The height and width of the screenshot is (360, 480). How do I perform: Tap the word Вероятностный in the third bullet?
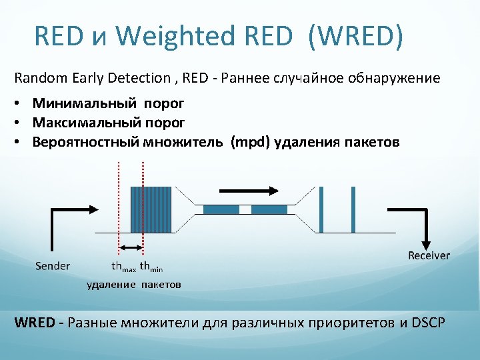(85, 142)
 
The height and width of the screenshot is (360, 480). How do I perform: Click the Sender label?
(52, 266)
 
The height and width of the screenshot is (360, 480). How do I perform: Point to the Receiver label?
(429, 255)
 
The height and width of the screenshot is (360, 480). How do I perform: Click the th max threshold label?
(123, 267)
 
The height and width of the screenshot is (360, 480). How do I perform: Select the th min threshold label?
(151, 267)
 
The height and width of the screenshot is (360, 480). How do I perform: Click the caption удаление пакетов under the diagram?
(134, 285)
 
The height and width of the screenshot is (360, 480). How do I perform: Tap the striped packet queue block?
(151, 209)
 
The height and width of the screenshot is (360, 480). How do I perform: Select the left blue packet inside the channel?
(221, 209)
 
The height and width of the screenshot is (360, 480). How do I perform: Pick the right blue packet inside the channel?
(269, 209)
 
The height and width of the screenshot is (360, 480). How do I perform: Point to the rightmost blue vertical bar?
(353, 209)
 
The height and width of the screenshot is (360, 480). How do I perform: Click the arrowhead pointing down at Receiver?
(425, 244)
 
